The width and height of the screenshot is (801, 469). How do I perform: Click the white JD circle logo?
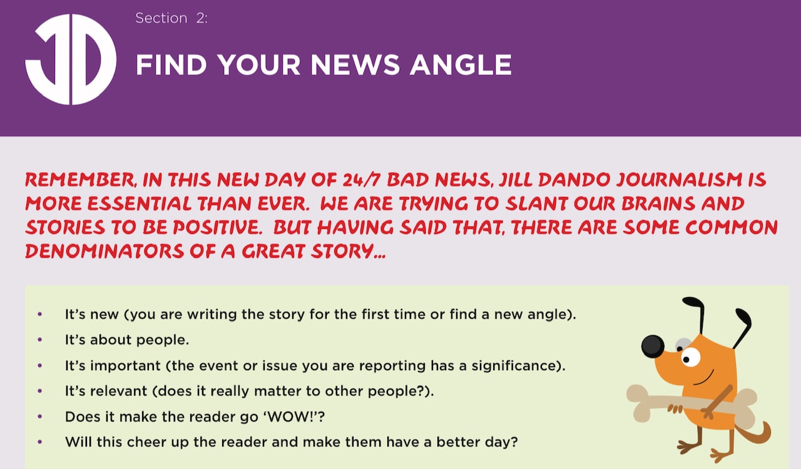(x=71, y=59)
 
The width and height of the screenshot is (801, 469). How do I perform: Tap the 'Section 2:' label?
(x=171, y=18)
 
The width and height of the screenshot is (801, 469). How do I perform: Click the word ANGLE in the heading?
(x=461, y=65)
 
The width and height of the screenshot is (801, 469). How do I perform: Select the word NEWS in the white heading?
(x=355, y=65)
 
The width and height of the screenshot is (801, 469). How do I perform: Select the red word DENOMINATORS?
(x=105, y=251)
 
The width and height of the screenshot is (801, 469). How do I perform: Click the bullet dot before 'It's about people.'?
(x=39, y=340)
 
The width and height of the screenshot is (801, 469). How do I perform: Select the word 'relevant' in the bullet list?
(x=118, y=391)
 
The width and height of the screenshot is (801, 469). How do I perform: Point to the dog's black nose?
(x=653, y=346)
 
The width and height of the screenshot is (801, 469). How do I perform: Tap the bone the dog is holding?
(x=692, y=405)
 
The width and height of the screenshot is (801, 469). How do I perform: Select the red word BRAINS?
(x=658, y=204)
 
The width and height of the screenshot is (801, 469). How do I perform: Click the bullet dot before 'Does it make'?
(x=39, y=417)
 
